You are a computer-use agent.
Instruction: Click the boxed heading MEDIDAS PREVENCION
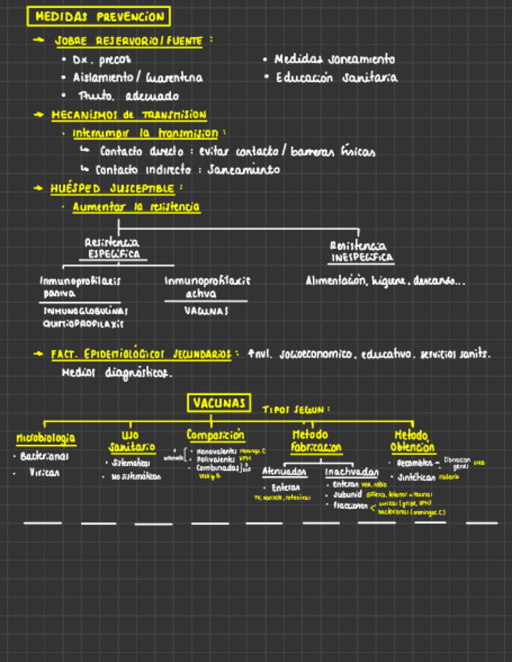coord(98,16)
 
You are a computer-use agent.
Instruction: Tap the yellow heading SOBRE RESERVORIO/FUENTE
coord(130,41)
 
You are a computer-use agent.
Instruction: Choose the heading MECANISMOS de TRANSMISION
coord(129,115)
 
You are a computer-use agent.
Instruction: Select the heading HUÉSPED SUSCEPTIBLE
coord(112,188)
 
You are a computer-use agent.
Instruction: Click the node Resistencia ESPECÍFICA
coord(113,248)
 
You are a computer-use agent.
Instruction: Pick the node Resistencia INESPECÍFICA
coord(360,251)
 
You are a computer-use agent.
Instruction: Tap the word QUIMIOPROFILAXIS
coord(84,323)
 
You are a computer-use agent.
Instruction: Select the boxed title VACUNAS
coord(219,403)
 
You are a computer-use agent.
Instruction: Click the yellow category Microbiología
coord(46,438)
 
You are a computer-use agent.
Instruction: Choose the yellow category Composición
coord(215,435)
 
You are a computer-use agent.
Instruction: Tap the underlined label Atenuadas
coord(284,472)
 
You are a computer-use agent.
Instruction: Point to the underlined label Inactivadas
coord(351,472)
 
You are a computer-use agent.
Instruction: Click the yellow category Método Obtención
coord(413,441)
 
